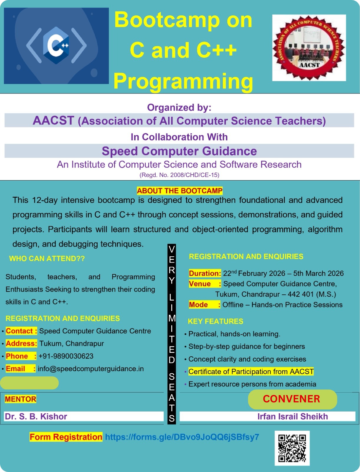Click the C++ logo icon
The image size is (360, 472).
(56, 46)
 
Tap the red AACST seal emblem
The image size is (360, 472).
(309, 48)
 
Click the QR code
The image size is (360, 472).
(292, 448)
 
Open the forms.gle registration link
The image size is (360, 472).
(182, 437)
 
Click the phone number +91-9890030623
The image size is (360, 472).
(66, 356)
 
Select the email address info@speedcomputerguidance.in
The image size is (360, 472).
(91, 369)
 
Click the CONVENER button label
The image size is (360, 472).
(291, 399)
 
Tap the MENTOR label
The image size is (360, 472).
(20, 399)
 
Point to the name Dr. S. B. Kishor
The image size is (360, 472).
(36, 416)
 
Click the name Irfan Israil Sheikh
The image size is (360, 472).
(292, 416)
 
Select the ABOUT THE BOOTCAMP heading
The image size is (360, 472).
(180, 191)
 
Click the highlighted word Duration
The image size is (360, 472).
(205, 273)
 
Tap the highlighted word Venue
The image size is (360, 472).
(200, 284)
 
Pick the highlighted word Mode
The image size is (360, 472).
(198, 305)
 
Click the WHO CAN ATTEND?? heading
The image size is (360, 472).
(47, 258)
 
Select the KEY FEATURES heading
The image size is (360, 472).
(216, 321)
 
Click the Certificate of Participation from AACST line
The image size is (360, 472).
(251, 371)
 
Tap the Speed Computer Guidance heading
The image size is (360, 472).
(179, 151)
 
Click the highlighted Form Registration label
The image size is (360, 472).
(66, 437)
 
